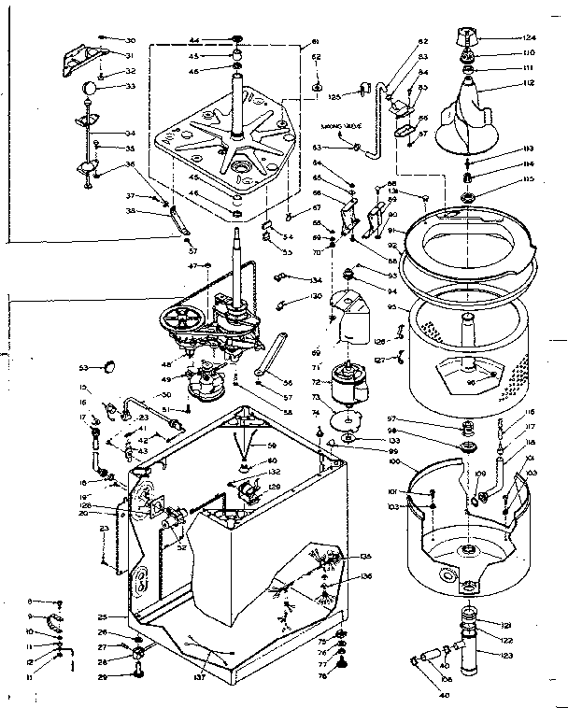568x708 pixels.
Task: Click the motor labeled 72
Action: pos(355,379)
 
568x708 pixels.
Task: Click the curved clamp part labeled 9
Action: pos(53,619)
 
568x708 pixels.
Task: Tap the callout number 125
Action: pos(334,95)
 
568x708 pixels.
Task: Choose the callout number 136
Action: pos(365,575)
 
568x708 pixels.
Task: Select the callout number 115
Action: pos(528,179)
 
